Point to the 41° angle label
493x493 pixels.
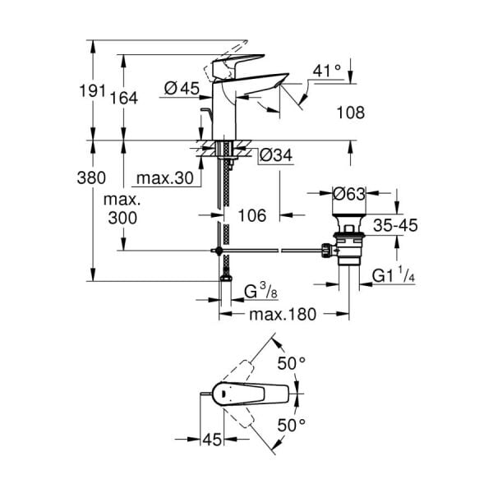click(x=327, y=71)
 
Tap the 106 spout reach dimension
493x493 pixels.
click(x=252, y=215)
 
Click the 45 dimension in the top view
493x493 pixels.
click(x=212, y=440)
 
